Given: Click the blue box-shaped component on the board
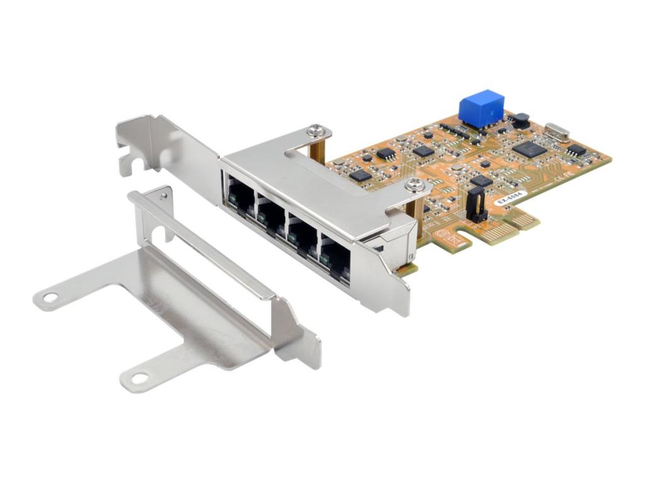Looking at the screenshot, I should (482, 109).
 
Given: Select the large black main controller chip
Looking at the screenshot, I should (528, 149).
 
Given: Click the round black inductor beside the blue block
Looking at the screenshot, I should (521, 120).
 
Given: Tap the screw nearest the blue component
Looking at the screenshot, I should (318, 131).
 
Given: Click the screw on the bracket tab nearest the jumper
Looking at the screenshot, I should (414, 184).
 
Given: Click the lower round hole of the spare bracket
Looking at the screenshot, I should (140, 378).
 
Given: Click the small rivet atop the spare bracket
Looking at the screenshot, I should (163, 196).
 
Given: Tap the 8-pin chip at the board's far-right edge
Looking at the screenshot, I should (576, 150).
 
